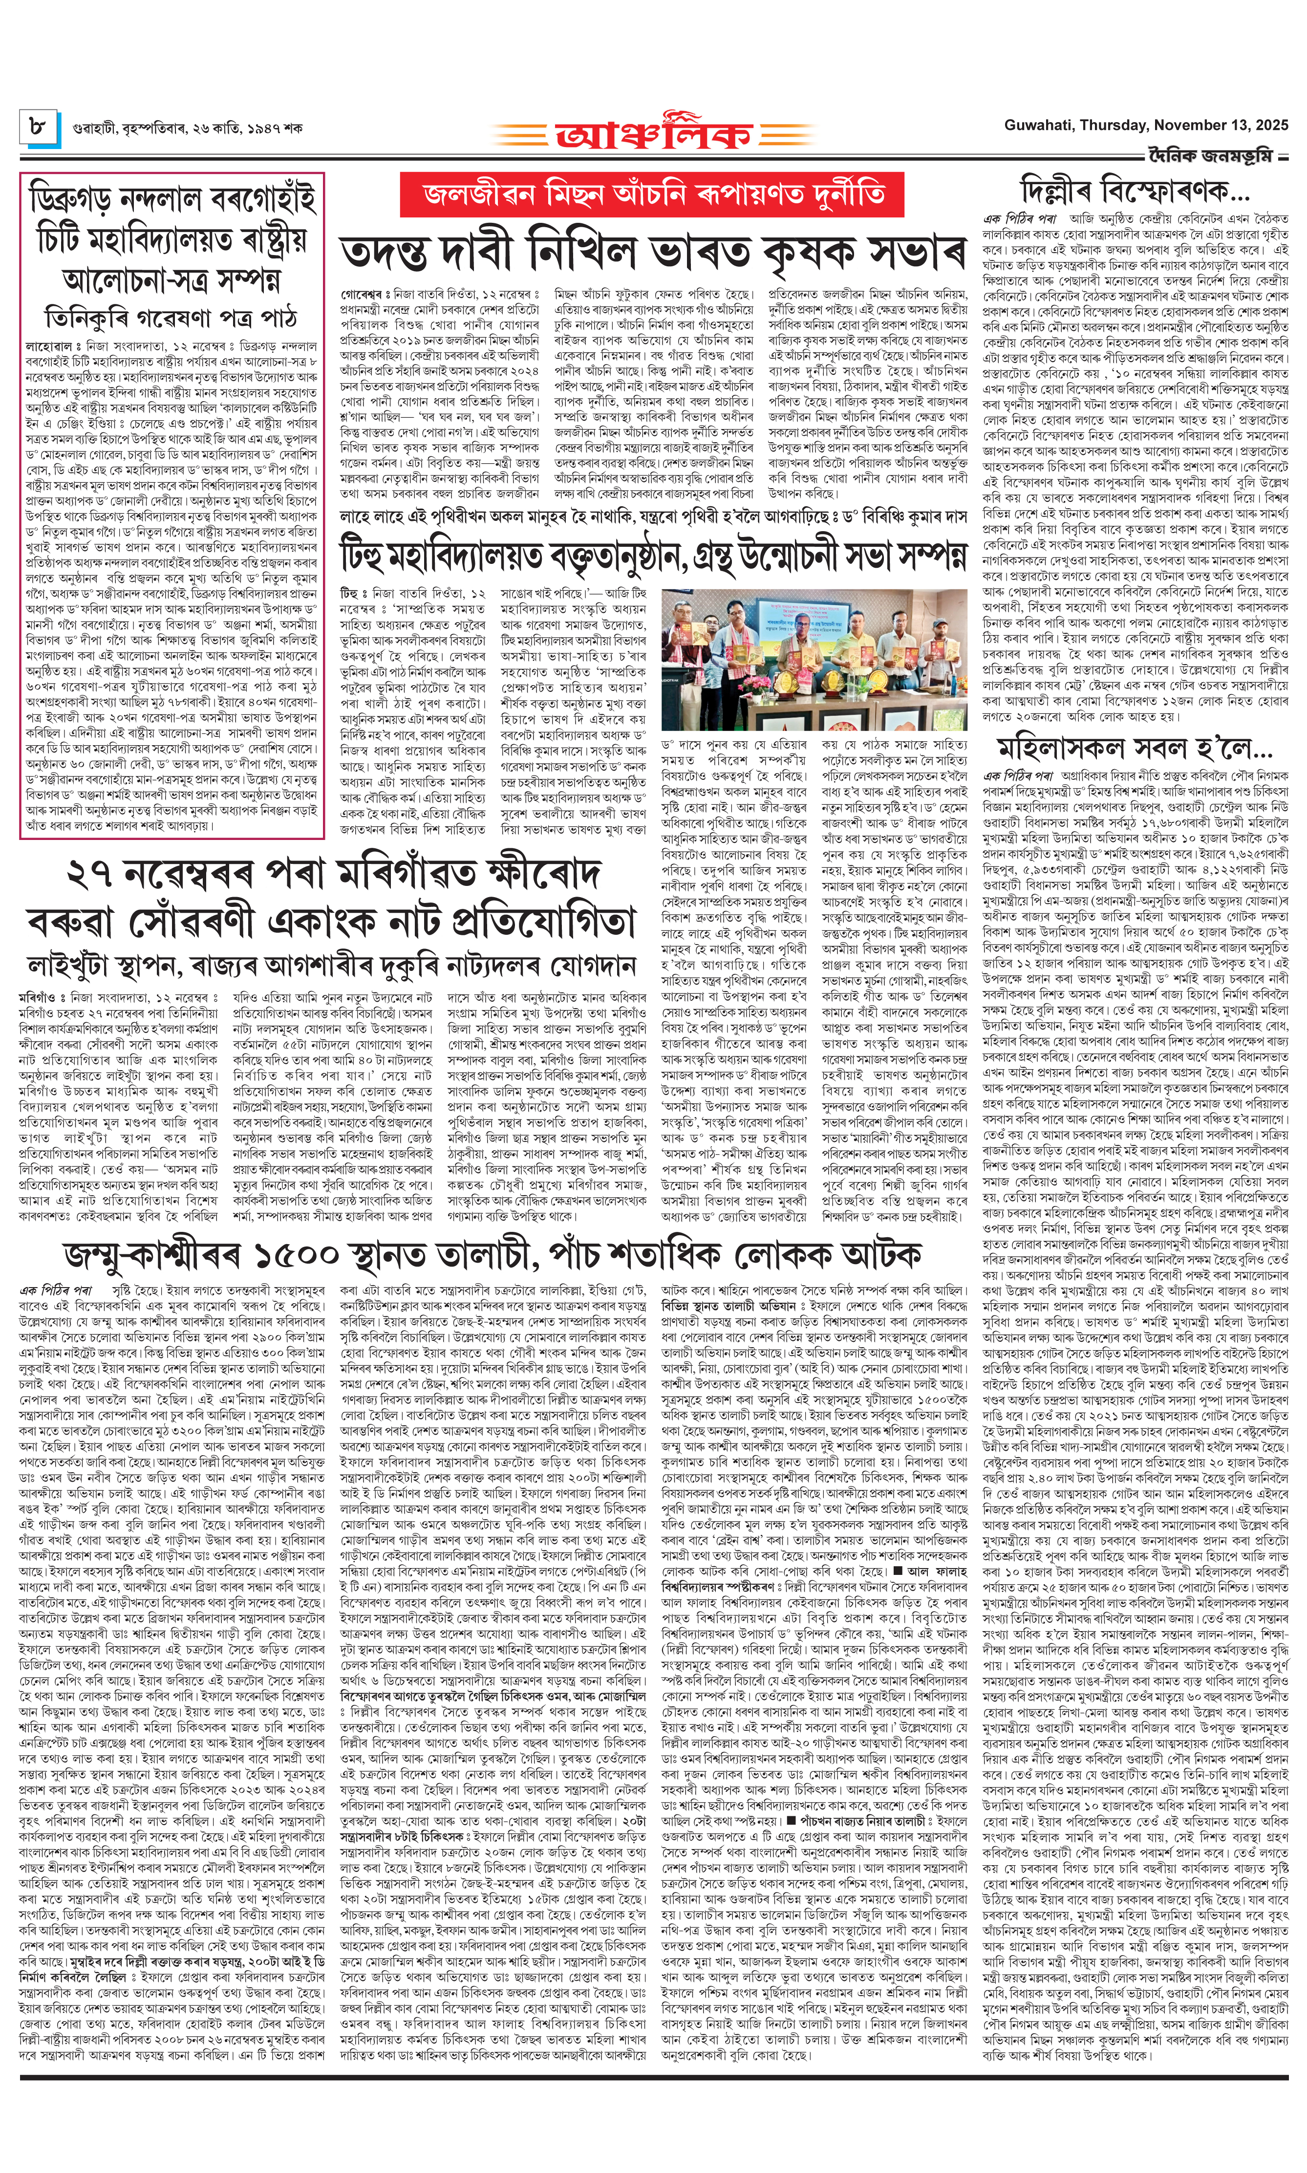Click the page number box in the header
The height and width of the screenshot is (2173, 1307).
[x=39, y=127]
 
